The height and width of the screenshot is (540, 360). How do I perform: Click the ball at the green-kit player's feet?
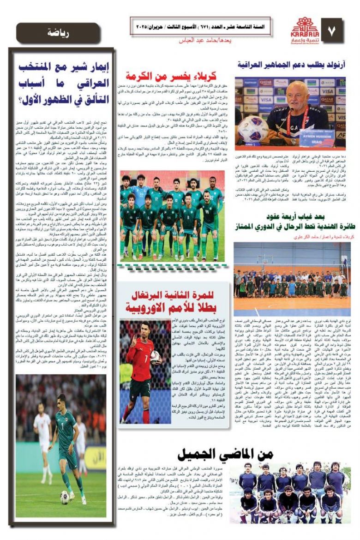[64, 497]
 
